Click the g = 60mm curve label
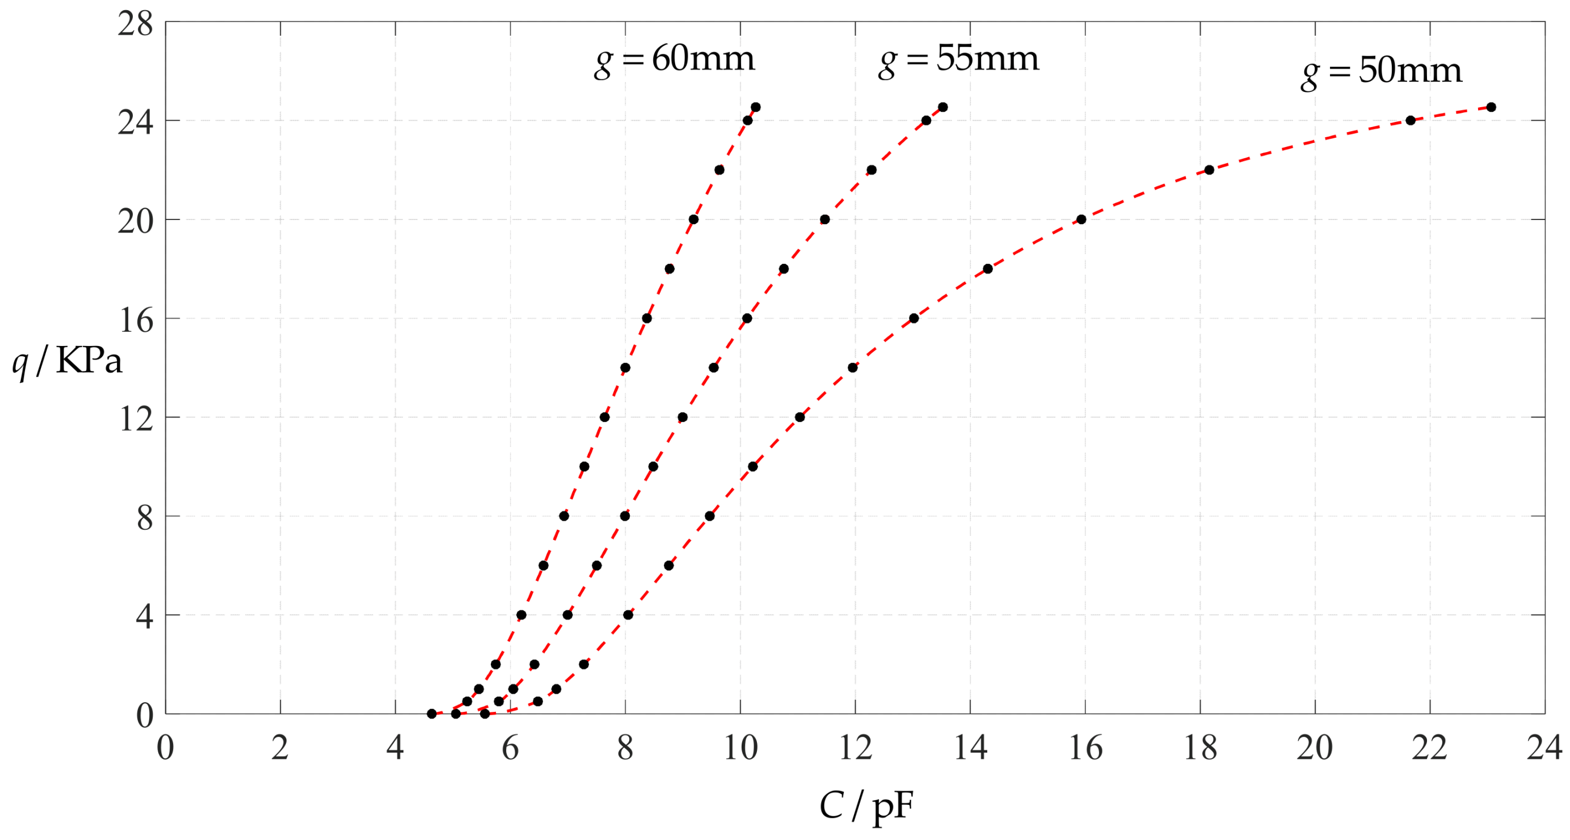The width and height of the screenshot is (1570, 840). pos(674,61)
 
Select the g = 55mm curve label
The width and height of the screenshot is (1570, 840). pos(958,61)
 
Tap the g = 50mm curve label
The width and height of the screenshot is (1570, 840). pos(1381,73)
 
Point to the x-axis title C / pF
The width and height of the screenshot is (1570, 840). pos(866,807)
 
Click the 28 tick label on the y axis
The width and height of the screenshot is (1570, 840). pos(134,25)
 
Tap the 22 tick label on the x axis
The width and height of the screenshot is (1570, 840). pos(1429,748)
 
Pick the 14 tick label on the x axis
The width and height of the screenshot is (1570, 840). pos(970,748)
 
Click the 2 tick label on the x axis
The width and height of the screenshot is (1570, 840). pos(280,748)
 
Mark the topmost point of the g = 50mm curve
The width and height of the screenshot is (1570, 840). pos(1491,107)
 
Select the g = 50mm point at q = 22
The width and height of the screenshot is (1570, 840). pos(1209,170)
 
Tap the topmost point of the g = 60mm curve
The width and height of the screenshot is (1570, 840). pos(756,107)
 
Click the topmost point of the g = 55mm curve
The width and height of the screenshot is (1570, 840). pos(943,107)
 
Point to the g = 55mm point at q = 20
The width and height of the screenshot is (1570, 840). pos(824,220)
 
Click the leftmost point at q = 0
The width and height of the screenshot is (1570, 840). pos(431,714)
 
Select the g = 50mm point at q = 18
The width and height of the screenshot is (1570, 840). pos(988,269)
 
